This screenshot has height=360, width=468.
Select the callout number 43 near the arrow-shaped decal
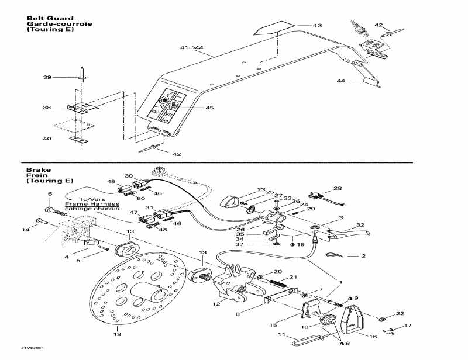tap(317, 26)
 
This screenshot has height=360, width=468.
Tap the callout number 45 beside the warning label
tap(209, 108)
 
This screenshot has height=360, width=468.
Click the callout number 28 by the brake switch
tap(338, 188)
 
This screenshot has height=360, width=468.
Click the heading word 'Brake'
tap(35, 170)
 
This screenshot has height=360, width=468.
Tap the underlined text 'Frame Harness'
tap(84, 204)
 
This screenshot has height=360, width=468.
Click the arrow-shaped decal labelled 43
tap(273, 28)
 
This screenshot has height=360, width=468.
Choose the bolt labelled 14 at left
tap(41, 220)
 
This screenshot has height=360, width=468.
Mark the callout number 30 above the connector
tap(129, 175)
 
